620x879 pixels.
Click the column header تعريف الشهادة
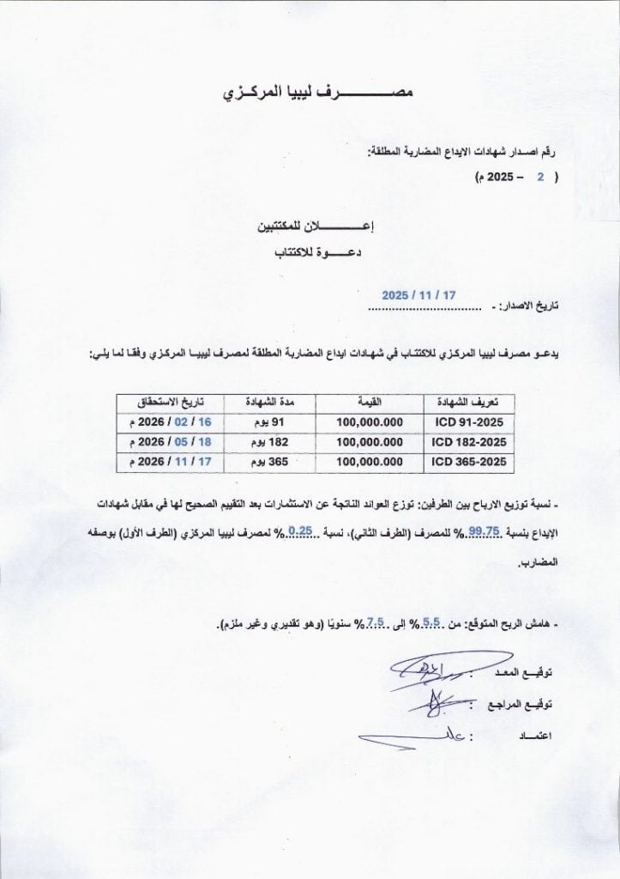[468, 403]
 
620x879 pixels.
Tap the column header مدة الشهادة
[269, 403]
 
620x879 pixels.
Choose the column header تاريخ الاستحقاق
[170, 403]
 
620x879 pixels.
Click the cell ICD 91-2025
[468, 422]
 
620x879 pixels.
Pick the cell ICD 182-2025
[468, 442]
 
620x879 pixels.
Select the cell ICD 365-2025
[468, 462]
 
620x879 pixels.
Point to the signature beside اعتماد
[403, 737]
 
